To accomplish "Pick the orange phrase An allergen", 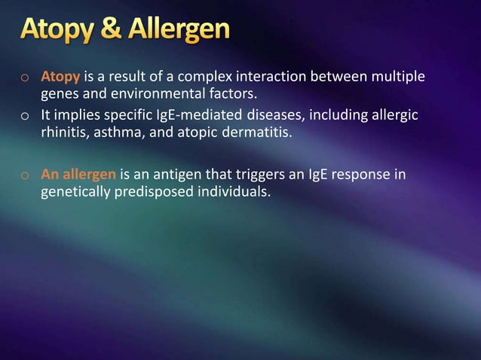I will click(x=78, y=174).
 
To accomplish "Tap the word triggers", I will click(x=252, y=174).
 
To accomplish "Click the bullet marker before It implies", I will click(x=25, y=116).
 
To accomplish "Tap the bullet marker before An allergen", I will click(x=25, y=175).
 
